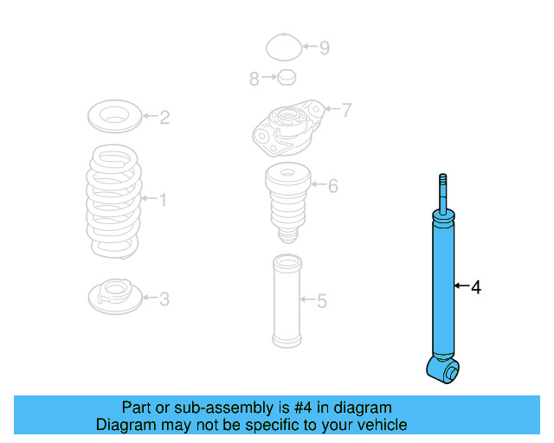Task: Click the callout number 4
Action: (x=475, y=286)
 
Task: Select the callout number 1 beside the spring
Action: (x=163, y=201)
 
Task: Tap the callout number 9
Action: (x=325, y=48)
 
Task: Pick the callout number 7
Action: (x=345, y=110)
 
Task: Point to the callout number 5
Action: (x=321, y=301)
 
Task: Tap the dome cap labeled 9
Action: (x=283, y=47)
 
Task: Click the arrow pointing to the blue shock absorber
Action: (x=461, y=286)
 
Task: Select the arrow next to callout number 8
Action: (x=267, y=79)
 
